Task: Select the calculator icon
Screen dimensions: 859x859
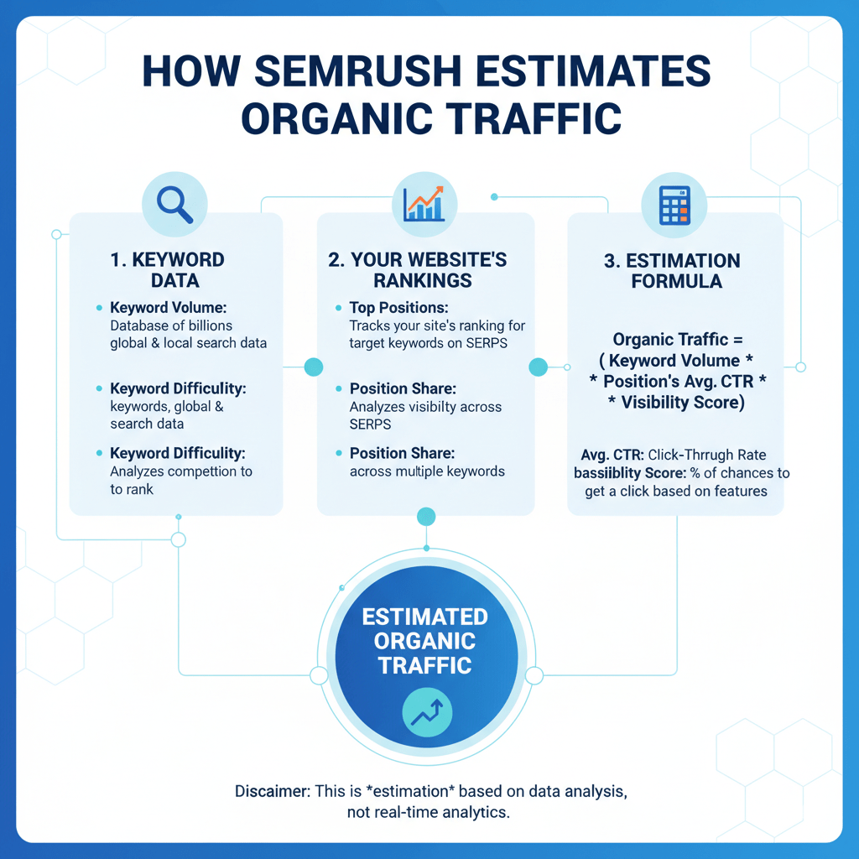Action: click(x=674, y=204)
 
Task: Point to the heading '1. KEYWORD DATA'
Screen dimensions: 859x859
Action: click(x=167, y=269)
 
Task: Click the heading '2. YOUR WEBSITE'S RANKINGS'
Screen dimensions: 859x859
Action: click(x=418, y=269)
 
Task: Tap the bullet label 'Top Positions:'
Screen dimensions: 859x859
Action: click(x=398, y=308)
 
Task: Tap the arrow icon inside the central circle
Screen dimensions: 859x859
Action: click(x=427, y=714)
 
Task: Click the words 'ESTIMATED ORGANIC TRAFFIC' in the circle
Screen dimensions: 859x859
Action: click(x=424, y=641)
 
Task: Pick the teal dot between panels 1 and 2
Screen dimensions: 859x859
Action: click(x=313, y=367)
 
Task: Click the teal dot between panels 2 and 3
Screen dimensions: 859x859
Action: click(x=539, y=367)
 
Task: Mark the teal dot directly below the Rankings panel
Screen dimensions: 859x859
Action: click(x=426, y=516)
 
